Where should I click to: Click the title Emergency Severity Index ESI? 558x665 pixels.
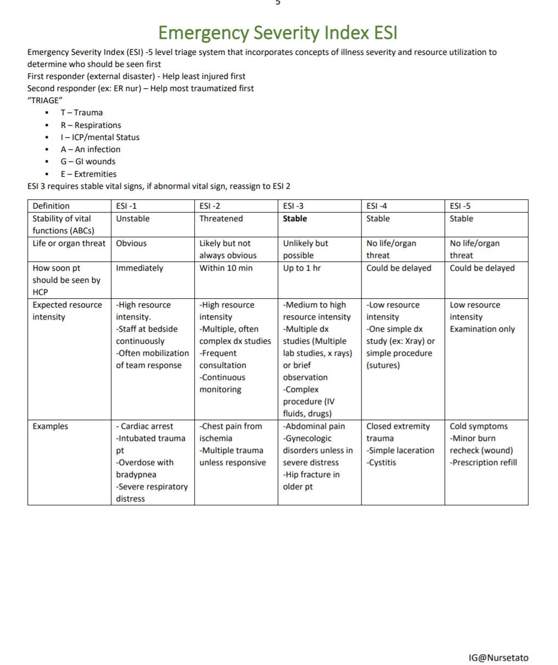click(278, 32)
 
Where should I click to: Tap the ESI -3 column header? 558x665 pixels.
click(293, 206)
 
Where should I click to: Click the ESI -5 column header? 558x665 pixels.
click(460, 206)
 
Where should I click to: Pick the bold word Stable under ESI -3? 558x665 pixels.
click(295, 219)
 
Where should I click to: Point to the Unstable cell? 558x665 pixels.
click(132, 219)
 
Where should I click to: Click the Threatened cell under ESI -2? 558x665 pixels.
click(221, 219)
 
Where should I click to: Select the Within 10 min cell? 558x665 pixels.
click(226, 268)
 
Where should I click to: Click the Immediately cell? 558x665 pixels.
click(139, 268)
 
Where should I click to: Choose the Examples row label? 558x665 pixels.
click(50, 426)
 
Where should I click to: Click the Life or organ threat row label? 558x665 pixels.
click(69, 243)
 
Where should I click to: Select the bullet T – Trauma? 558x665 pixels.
click(81, 113)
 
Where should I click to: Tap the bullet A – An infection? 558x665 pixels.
click(90, 149)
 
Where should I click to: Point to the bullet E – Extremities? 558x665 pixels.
click(88, 174)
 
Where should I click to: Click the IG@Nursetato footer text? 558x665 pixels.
click(498, 657)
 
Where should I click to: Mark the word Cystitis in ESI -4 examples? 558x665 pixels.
click(382, 462)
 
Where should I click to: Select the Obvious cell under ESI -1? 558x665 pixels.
click(131, 243)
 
